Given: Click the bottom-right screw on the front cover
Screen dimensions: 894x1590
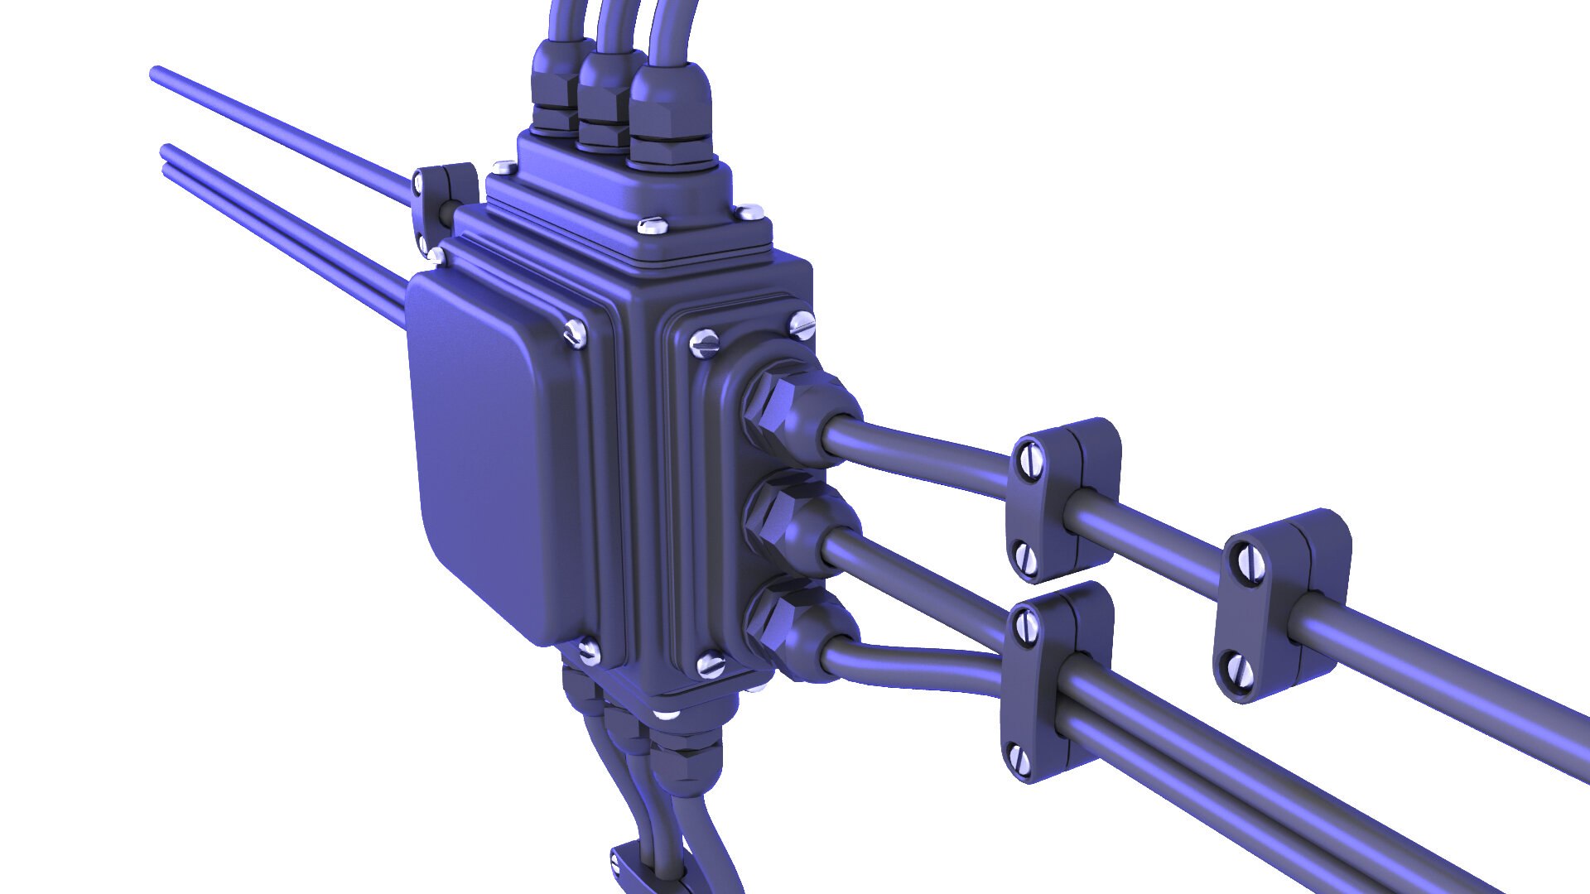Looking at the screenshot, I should click(589, 652).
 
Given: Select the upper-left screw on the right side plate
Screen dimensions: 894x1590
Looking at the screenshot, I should click(704, 343).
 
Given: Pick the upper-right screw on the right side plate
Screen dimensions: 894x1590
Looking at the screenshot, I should click(802, 324).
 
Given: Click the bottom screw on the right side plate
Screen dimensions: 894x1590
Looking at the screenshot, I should click(710, 665).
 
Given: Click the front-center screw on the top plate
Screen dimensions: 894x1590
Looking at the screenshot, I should click(653, 224).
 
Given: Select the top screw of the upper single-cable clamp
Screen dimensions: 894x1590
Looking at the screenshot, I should click(1029, 461).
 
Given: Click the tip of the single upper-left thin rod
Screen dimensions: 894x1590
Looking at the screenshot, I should click(155, 73).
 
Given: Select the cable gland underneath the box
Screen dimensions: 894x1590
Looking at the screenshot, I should click(683, 762).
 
